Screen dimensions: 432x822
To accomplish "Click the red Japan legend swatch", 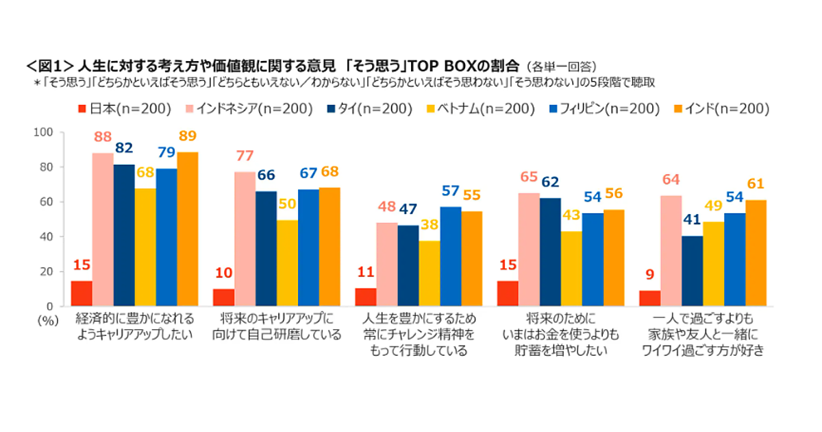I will pos(81,109).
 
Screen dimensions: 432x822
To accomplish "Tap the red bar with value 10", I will pos(223,297).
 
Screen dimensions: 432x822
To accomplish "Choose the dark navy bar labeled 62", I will pos(550,252).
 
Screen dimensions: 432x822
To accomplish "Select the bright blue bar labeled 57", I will pos(451,256).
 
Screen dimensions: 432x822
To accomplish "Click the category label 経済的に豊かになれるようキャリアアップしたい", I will pos(134,327).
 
